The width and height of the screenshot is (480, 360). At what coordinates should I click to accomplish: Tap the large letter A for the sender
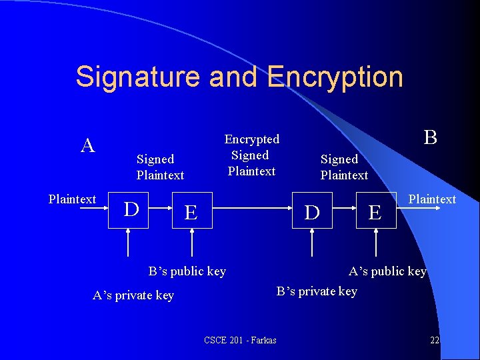pos(87,146)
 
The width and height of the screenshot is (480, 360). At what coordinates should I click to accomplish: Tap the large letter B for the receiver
pos(431,137)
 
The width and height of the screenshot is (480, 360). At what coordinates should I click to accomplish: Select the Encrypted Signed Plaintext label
pos(251,155)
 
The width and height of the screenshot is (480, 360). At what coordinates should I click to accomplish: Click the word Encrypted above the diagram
pos(251,139)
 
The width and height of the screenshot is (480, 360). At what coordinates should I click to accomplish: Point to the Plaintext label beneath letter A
pos(73,199)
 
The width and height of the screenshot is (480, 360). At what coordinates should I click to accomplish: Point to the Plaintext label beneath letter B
pos(432,199)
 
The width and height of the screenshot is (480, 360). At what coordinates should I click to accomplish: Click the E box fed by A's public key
pos(375,212)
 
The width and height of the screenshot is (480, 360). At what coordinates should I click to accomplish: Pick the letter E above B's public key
pos(191,212)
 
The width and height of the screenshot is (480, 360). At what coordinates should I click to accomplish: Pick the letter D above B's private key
pos(312,212)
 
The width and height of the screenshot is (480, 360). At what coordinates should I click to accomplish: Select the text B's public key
pos(187,271)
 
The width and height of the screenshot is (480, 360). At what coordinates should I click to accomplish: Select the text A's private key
pos(133,295)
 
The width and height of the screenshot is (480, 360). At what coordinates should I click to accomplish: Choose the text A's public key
pos(387,271)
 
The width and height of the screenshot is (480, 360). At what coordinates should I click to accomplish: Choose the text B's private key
pos(317,291)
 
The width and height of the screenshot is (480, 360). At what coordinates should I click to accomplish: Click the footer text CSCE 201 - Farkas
pos(240,341)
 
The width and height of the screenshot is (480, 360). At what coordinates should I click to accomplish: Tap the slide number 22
pos(435,341)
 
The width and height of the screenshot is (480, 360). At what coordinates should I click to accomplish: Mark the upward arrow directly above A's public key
pos(375,243)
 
